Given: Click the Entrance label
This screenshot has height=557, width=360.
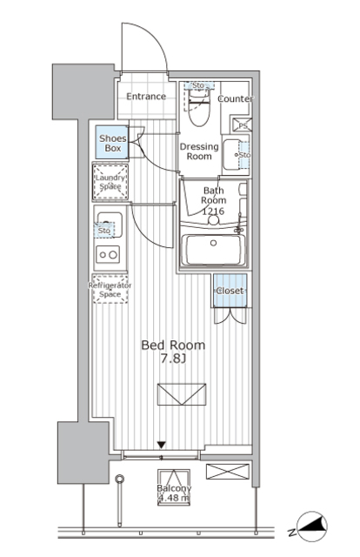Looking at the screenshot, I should click(146, 97).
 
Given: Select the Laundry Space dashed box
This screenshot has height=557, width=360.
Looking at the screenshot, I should click(110, 182).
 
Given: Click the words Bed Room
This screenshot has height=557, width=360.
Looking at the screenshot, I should click(174, 346).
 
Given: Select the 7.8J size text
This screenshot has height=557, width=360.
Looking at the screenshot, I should click(174, 360).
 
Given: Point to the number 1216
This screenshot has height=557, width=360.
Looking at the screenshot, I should click(213, 211).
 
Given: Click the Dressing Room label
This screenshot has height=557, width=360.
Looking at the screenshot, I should click(198, 151).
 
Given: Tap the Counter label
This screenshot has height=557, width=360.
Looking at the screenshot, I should click(235, 99).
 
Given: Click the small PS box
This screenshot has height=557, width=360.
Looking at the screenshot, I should click(243, 124).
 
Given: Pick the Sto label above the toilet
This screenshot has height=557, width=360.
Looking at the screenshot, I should click(197, 85).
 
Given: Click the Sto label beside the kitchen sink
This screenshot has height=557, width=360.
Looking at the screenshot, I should click(104, 232).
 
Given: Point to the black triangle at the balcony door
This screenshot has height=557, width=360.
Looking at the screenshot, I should click(161, 446).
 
